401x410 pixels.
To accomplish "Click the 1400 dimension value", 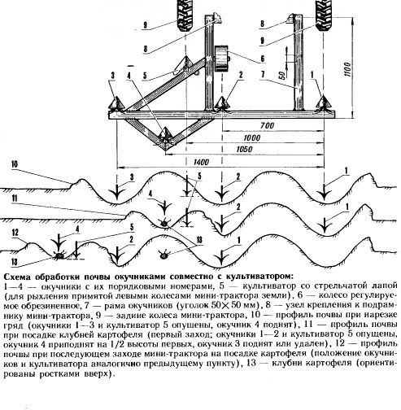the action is click(x=201, y=162).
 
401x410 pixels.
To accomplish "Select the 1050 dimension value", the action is click(x=245, y=150).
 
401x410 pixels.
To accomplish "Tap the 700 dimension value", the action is click(x=267, y=125).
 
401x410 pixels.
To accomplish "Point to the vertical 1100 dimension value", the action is click(x=347, y=69).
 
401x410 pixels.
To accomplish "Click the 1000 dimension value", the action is click(x=252, y=137).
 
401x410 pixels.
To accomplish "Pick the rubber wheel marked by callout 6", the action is click(x=222, y=59).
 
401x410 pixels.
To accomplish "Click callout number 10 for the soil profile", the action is click(x=15, y=164).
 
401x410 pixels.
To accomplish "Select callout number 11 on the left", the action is click(x=15, y=198).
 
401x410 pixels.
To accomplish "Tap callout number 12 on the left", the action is click(x=15, y=233).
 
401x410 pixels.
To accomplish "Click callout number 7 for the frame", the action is click(x=263, y=75).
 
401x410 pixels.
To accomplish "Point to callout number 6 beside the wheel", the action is click(x=263, y=59).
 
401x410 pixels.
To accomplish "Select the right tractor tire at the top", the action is click(x=324, y=14).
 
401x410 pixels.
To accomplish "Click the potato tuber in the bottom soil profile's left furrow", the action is click(x=59, y=255).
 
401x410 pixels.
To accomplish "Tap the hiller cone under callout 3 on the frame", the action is click(x=116, y=102).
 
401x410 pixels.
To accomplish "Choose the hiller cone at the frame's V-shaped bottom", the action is click(x=165, y=134).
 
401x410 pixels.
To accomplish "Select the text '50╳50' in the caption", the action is click(x=226, y=305).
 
